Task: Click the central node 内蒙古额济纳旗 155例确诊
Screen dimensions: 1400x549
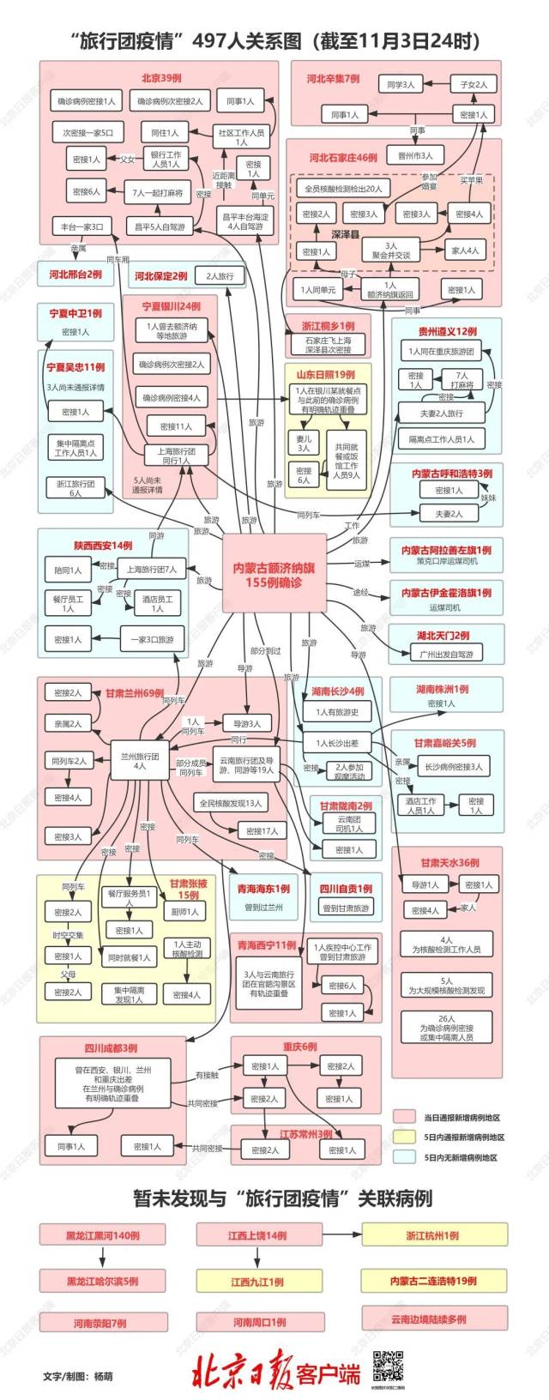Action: [x=274, y=573]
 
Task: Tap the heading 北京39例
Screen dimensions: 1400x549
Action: [x=161, y=78]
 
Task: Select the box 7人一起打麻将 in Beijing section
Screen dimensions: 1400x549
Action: [x=156, y=193]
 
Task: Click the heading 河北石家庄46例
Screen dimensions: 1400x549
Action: [x=343, y=158]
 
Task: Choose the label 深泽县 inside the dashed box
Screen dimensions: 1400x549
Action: [x=345, y=233]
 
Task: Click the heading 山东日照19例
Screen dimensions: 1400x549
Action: [x=326, y=374]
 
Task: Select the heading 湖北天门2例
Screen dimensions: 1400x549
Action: [x=443, y=636]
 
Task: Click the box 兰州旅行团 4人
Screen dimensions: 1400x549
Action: [x=140, y=761]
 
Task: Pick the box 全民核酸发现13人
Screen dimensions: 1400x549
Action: [x=231, y=803]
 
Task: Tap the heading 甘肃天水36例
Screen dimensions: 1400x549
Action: [x=449, y=862]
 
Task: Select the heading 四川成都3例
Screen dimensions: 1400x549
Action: [x=111, y=1047]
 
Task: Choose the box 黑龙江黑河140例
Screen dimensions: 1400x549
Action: [x=103, y=1235]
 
